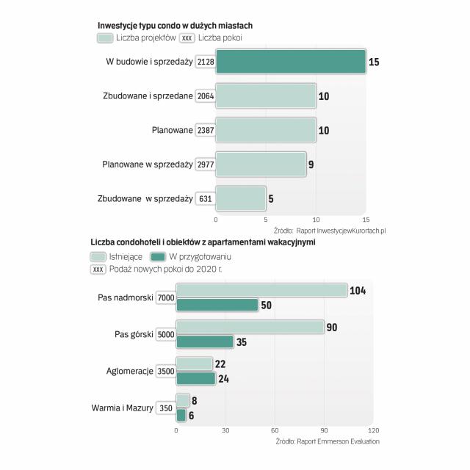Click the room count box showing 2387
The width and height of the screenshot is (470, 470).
(x=206, y=130)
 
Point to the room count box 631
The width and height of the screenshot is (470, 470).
(x=206, y=198)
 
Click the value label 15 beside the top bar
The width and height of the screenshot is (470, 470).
(x=374, y=62)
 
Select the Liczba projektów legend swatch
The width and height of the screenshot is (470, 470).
(x=104, y=37)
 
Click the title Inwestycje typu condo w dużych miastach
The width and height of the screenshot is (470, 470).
(x=175, y=25)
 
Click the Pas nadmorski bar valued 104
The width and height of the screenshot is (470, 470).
(x=261, y=291)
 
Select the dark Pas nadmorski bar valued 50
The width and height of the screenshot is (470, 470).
(x=217, y=305)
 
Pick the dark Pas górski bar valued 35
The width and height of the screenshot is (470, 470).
(x=205, y=341)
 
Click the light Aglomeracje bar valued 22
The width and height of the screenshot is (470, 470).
(x=194, y=364)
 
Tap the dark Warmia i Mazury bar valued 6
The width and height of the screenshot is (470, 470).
(x=181, y=415)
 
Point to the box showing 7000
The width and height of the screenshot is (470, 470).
(x=165, y=297)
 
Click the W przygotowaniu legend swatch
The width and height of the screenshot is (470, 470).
(x=157, y=256)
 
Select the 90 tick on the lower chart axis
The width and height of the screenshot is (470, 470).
(x=324, y=430)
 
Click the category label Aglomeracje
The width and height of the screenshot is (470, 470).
(x=130, y=371)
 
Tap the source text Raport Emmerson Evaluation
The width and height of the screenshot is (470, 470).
(x=338, y=441)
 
